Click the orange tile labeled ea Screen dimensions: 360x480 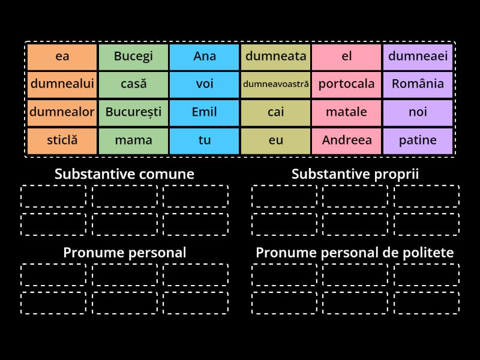coord(62,56)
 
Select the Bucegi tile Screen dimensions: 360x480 coord(133,56)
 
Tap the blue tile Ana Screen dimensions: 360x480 coord(205,56)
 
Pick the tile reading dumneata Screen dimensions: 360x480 coord(275,56)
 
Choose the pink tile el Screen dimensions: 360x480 coord(346,56)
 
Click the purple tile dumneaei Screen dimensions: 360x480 coord(418,56)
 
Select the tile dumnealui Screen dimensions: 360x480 coord(62,84)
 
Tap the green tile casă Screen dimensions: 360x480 coord(133,84)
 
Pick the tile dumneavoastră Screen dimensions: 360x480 coord(275,84)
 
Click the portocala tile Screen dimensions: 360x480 coord(346,84)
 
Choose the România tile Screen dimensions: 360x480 coord(418,84)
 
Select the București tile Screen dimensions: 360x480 coord(133,112)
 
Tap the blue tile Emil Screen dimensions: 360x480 coord(205,112)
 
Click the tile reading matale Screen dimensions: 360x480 coord(346,112)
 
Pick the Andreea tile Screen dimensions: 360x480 coord(346,140)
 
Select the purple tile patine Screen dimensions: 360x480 coord(418,140)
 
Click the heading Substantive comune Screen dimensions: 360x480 coord(124,174)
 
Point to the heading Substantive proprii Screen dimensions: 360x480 coord(355,174)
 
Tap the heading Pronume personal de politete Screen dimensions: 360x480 coord(355,253)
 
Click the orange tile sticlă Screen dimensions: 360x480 coord(62,140)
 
